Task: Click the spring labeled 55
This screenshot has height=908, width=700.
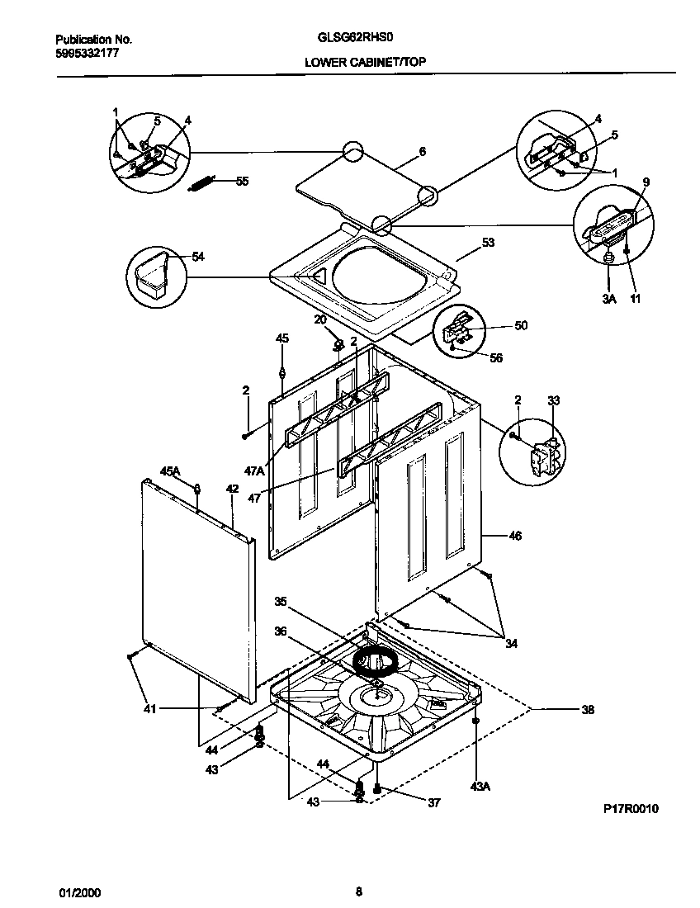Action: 202,183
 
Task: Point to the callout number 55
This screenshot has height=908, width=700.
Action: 242,181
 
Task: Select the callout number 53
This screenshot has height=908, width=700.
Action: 488,243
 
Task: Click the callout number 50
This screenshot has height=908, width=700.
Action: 521,325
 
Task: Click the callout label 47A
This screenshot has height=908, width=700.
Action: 254,471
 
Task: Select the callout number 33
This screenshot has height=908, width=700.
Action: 553,400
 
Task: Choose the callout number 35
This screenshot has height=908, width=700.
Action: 281,601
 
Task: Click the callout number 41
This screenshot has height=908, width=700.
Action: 149,708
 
